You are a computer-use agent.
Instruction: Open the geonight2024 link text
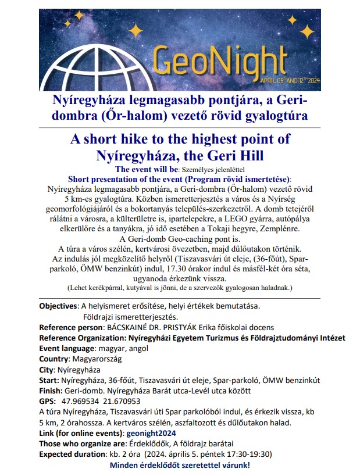tap(151, 434)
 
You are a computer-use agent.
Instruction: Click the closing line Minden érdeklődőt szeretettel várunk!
tap(180, 466)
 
